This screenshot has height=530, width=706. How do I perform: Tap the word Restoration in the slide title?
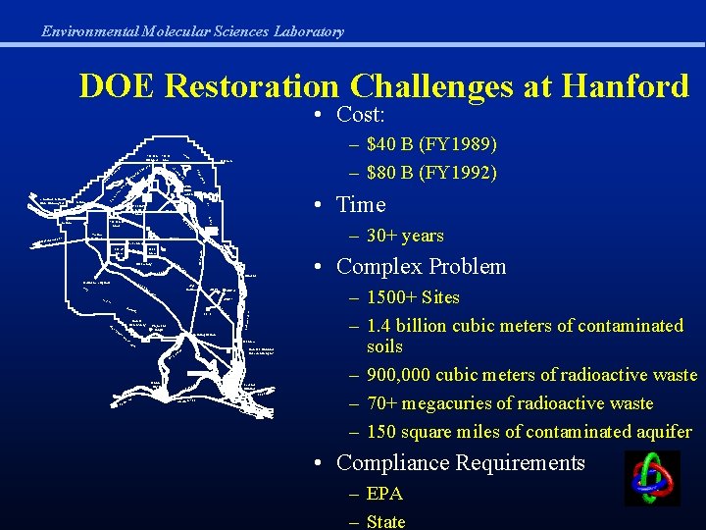[x=250, y=86]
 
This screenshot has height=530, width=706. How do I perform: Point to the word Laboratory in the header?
[x=308, y=31]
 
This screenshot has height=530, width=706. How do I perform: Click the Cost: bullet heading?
[x=360, y=114]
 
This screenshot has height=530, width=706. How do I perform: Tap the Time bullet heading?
[x=361, y=205]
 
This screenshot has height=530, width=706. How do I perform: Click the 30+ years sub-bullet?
[x=405, y=236]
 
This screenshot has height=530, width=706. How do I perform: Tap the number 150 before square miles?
[x=381, y=432]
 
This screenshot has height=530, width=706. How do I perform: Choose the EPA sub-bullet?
[x=384, y=494]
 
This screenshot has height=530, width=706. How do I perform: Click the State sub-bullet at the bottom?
[x=385, y=521]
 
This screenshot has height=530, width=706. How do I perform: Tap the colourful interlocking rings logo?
[x=652, y=478]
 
